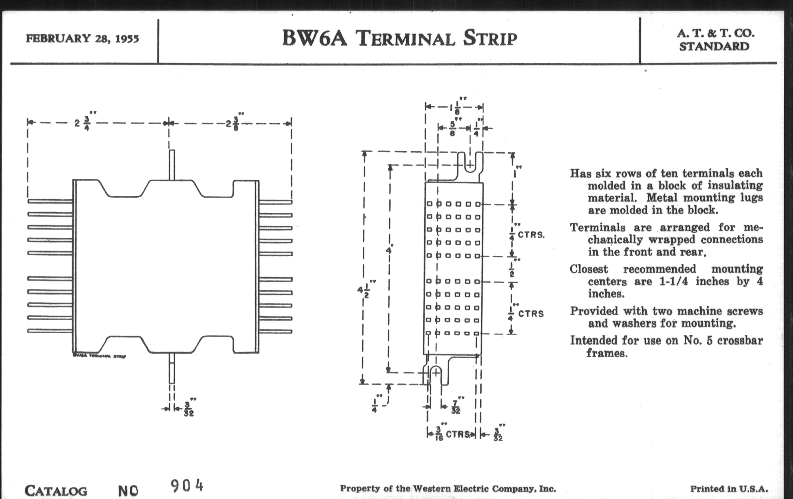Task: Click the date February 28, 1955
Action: point(82,38)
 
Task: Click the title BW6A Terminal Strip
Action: point(399,38)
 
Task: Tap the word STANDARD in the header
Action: point(714,47)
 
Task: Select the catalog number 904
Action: point(187,486)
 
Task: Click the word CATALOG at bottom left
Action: point(56,491)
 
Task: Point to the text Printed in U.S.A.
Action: point(729,489)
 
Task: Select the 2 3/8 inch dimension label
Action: point(232,124)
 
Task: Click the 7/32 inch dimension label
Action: point(456,406)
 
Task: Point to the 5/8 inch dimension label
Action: point(453,128)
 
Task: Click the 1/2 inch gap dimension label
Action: point(512,269)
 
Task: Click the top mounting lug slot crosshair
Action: point(470,165)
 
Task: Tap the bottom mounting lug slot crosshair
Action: point(435,373)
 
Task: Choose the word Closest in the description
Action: point(589,269)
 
